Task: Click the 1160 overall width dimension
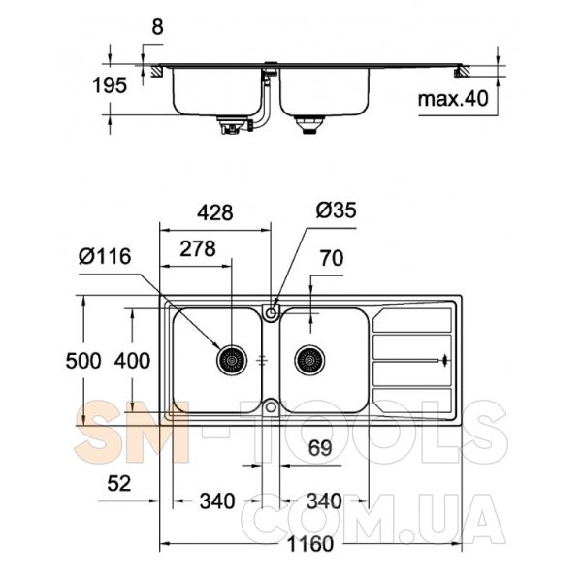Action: (310, 545)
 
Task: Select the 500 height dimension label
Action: (83, 361)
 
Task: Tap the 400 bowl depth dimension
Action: (132, 361)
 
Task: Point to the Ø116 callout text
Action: (105, 256)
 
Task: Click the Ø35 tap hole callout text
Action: (337, 210)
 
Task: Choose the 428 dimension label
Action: (215, 212)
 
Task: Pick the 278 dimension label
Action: (198, 248)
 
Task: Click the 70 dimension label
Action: (332, 258)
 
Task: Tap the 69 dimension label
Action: (320, 448)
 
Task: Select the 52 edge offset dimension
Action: (119, 484)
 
